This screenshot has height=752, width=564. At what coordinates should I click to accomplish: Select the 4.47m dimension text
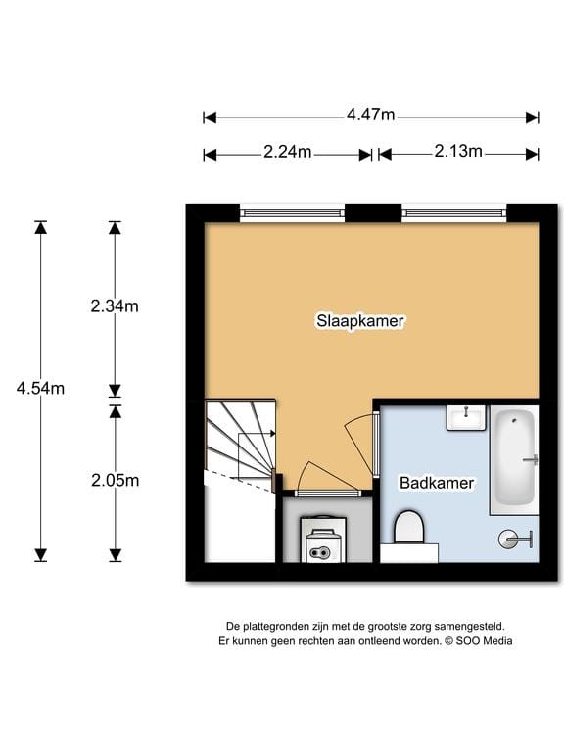(x=370, y=116)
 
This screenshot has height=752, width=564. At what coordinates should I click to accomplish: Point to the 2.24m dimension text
(x=287, y=152)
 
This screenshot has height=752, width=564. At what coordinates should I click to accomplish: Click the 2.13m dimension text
(x=458, y=152)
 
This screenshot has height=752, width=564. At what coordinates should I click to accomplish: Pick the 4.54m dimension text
(x=40, y=389)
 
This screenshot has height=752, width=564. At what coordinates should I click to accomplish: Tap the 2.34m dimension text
(x=115, y=305)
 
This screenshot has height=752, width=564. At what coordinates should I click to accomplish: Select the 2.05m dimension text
(x=115, y=480)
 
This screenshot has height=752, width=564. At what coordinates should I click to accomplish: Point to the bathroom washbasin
(x=467, y=418)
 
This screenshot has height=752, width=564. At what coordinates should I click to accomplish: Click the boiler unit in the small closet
(x=320, y=542)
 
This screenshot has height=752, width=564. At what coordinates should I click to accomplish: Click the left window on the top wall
(x=293, y=210)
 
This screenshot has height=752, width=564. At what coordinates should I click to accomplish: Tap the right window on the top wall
(x=453, y=210)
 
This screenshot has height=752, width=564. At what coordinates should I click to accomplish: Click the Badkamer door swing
(x=362, y=431)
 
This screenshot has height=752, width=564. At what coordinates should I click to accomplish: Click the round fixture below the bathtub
(x=512, y=538)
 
